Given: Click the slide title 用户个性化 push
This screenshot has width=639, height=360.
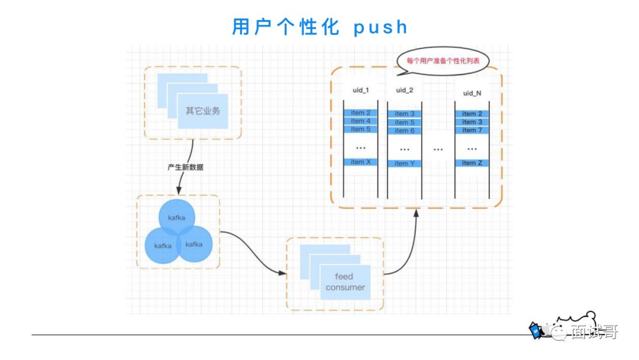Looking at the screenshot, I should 319,27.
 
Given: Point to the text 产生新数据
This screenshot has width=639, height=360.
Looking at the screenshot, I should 185,168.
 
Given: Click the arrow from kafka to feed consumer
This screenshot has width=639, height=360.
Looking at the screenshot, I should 251,249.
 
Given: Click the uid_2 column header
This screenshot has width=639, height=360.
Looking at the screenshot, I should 405,90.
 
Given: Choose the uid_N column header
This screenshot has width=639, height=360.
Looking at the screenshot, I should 472,94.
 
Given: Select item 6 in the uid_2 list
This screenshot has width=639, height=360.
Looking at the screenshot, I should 405,130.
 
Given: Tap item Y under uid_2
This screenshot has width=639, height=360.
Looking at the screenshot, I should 405,163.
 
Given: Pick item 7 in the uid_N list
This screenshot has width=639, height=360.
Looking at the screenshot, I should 472,130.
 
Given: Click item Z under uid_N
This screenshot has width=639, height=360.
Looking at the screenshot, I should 472,163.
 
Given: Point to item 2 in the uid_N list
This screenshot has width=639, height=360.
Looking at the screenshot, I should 472,114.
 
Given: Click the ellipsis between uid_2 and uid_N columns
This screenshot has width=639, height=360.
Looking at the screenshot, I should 438,149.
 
